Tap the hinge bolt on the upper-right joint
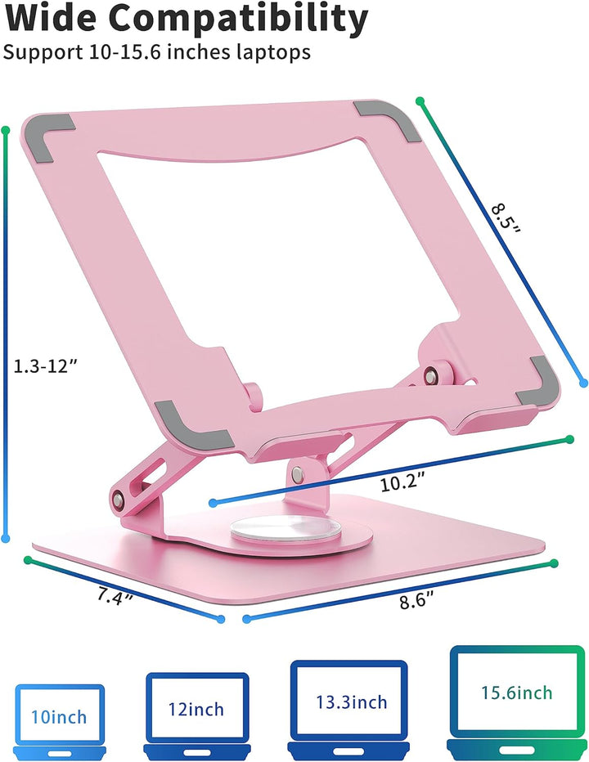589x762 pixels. [x=429, y=374]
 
